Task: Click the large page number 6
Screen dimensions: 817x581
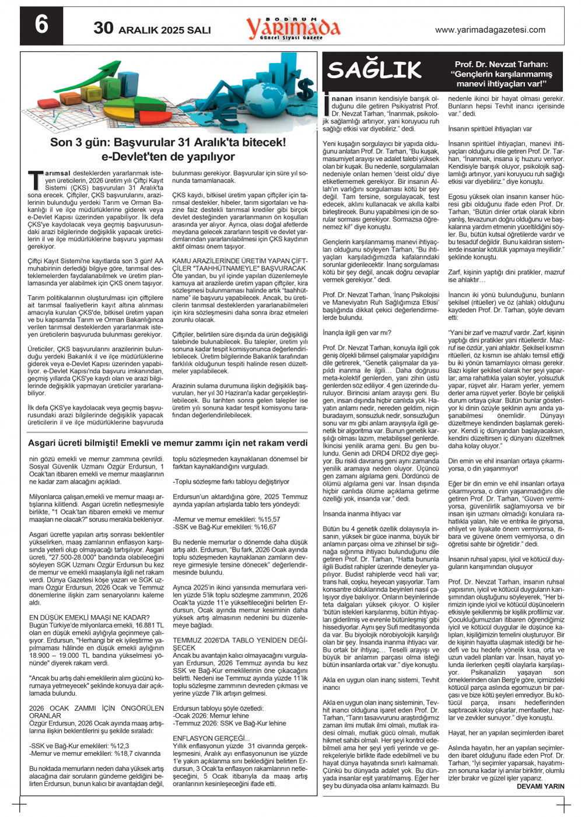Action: tap(41, 26)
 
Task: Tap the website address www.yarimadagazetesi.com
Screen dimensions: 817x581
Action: tap(490, 30)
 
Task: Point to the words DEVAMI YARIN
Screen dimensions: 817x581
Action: tap(540, 786)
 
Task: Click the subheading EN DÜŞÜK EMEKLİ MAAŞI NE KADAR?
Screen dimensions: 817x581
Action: tap(89, 617)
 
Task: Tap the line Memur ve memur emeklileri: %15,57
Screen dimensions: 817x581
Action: tap(227, 518)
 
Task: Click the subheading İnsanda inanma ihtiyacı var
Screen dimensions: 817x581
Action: tap(362, 514)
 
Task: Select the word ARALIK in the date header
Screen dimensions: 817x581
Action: tap(138, 30)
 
